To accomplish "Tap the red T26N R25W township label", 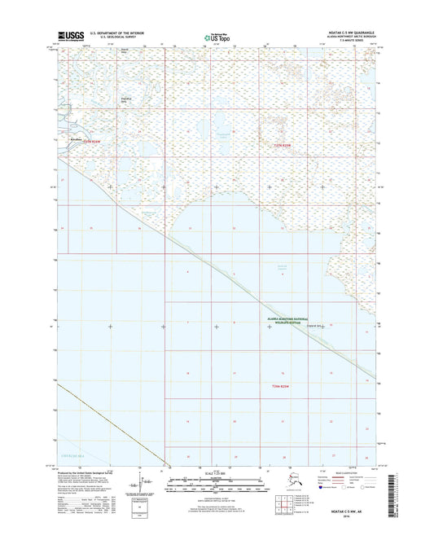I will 278,385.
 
